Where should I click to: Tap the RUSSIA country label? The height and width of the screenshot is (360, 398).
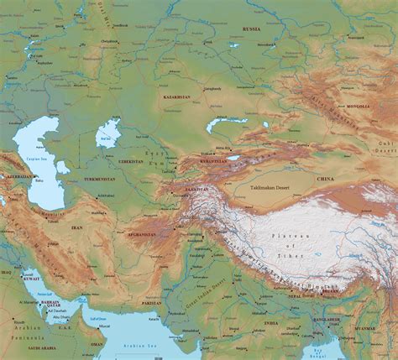[253, 29]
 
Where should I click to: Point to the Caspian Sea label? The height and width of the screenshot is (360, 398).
[39, 157]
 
